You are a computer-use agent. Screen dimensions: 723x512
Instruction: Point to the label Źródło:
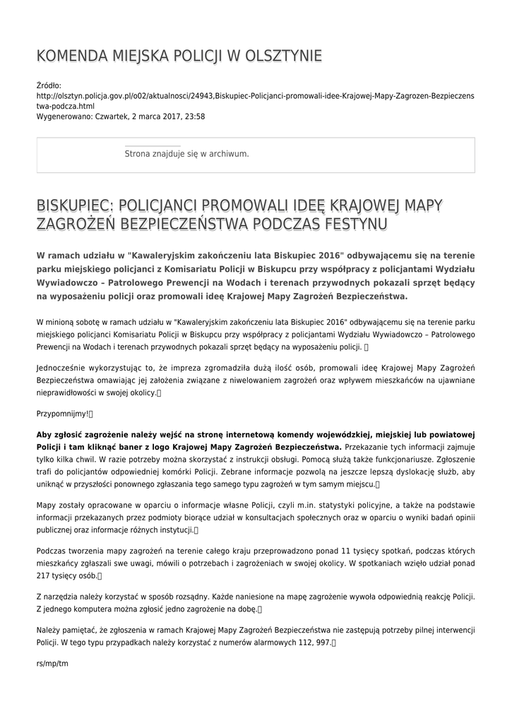[49, 85]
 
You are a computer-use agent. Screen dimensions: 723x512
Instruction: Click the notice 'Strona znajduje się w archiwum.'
[186, 153]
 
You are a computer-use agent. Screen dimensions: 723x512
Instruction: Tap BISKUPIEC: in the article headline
[76, 205]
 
